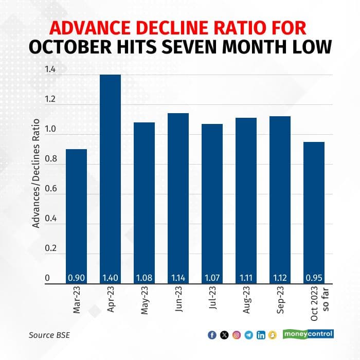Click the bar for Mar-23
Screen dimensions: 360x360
pos(77,216)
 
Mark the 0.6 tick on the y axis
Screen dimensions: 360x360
pos(50,189)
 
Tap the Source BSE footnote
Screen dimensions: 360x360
pos(49,335)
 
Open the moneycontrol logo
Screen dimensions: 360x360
pos(308,334)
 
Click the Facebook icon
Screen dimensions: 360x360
pos(211,335)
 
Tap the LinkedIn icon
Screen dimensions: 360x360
pos(261,335)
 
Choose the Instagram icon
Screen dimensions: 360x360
pos(236,335)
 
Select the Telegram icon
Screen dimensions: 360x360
pos(248,335)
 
